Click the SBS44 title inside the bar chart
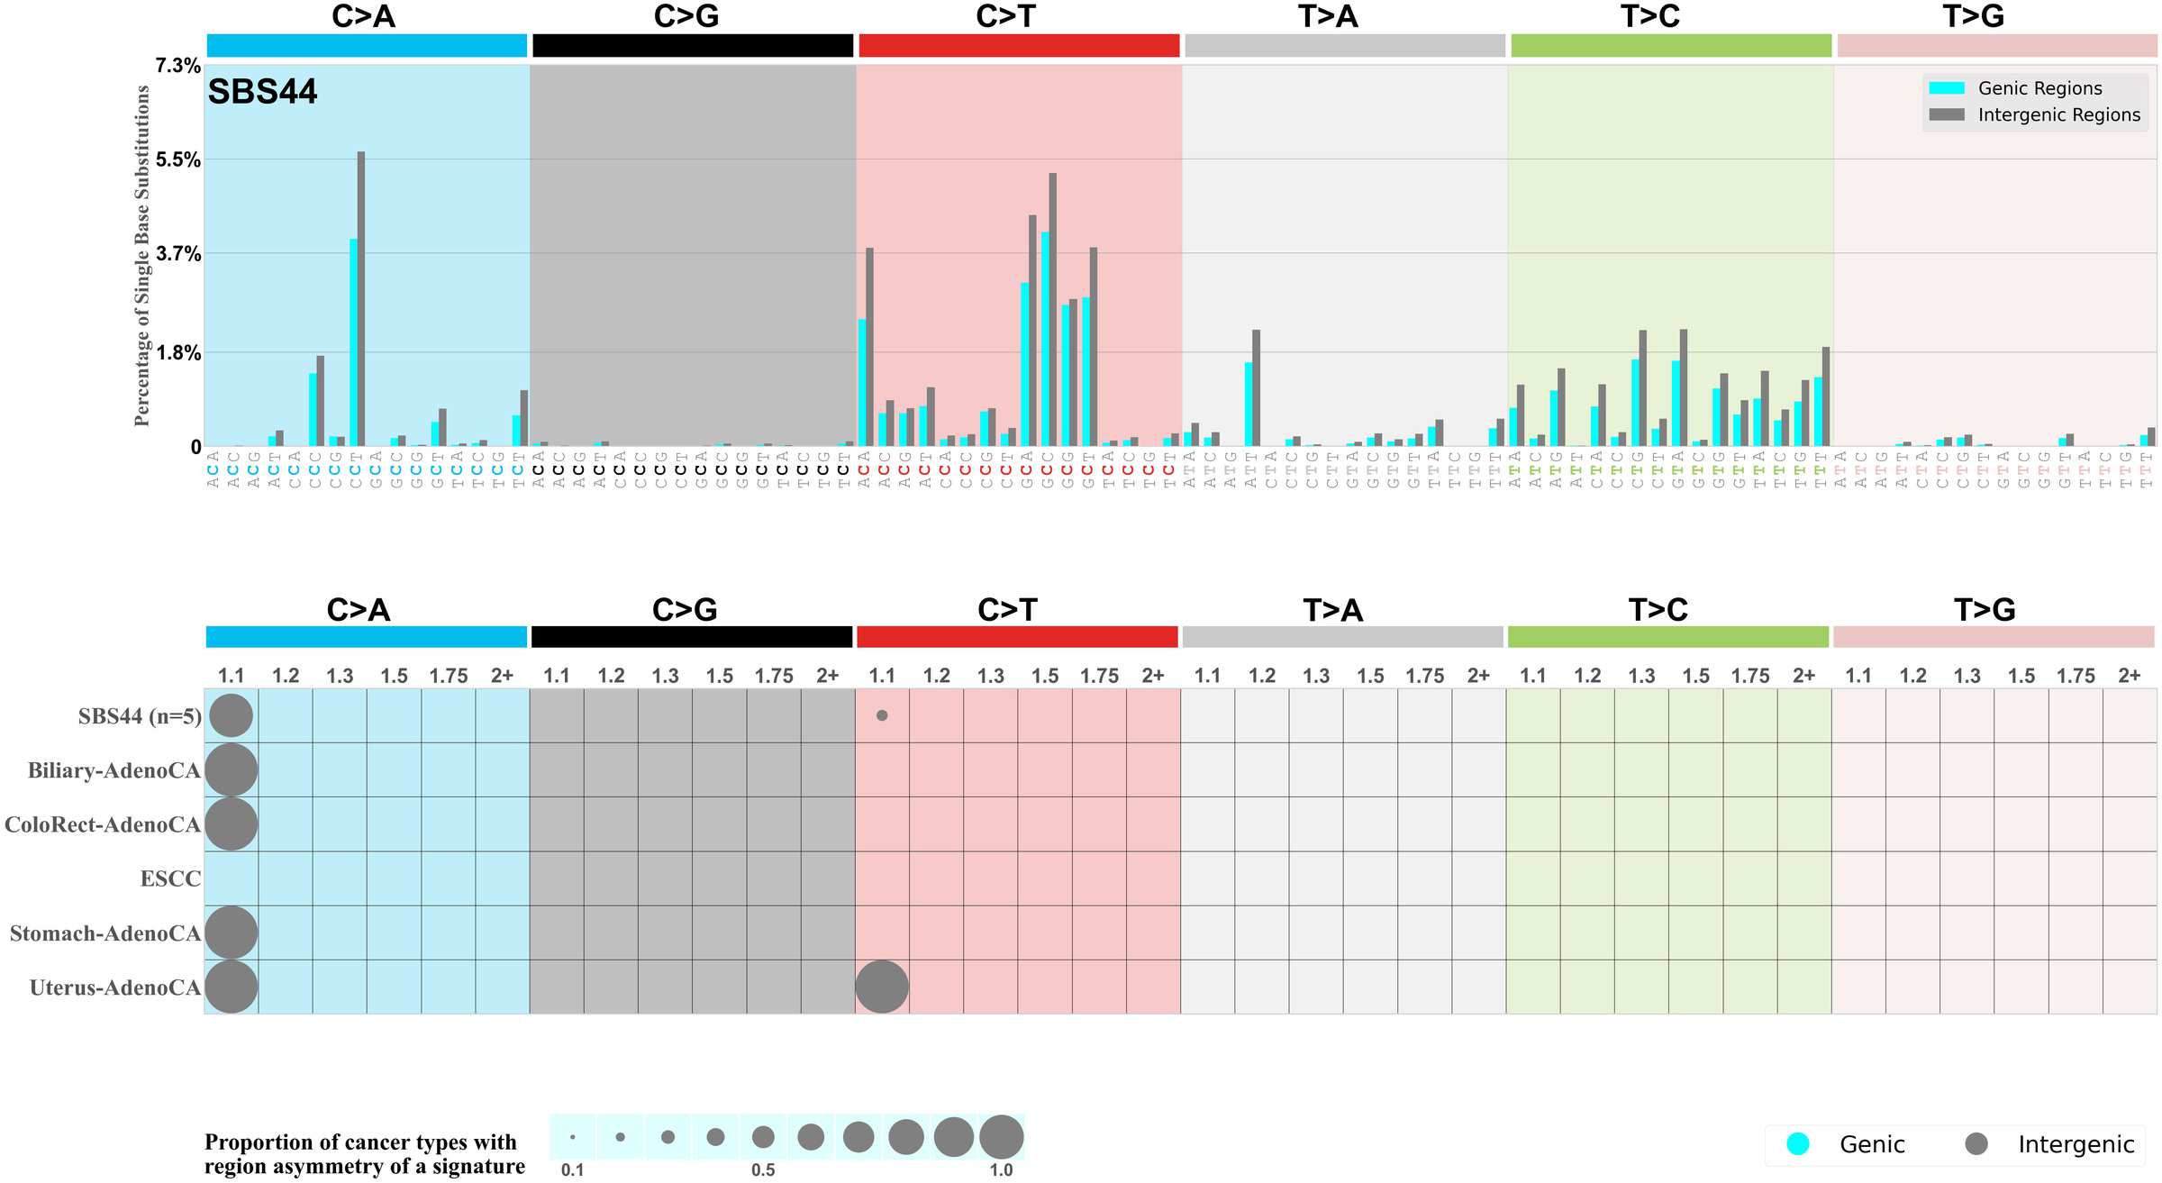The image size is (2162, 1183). [262, 92]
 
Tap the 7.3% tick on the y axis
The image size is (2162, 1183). [177, 65]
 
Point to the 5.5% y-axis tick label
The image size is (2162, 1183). [177, 159]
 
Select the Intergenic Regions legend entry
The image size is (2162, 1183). [2058, 114]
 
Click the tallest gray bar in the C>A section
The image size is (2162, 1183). [361, 297]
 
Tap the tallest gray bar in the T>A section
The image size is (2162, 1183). [1257, 387]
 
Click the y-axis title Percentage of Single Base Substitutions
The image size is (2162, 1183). [141, 256]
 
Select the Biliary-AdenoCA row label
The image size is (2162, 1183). [114, 770]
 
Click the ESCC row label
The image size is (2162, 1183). [170, 878]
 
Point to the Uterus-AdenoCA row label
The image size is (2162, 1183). [114, 987]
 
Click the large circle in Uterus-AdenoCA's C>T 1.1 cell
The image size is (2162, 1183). [882, 987]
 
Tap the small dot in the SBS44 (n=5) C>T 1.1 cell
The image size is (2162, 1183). [882, 715]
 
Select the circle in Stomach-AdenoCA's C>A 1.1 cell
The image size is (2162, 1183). [232, 933]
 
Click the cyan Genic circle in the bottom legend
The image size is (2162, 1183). [1798, 1143]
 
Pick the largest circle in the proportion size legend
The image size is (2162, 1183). [1001, 1136]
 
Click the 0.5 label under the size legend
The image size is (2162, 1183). [763, 1169]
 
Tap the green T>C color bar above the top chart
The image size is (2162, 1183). [1671, 46]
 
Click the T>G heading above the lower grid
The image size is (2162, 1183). [1984, 610]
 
